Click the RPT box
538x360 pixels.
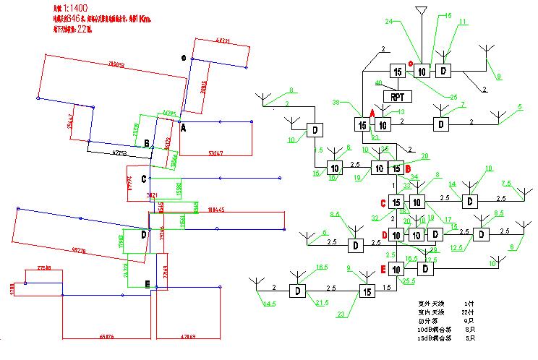coord(396,96)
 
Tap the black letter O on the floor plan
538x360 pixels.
coord(184,58)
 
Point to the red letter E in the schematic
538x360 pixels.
coord(383,270)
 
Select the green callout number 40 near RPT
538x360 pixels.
coord(378,83)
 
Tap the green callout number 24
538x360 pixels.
coord(388,22)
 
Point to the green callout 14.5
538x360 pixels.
coord(269,304)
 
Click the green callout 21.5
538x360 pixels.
coord(322,301)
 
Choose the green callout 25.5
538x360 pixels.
coord(408,280)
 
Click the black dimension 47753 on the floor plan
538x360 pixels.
coord(125,153)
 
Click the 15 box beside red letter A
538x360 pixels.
coord(362,124)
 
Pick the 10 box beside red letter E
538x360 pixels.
coord(396,269)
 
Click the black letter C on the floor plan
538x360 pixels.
coord(144,179)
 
